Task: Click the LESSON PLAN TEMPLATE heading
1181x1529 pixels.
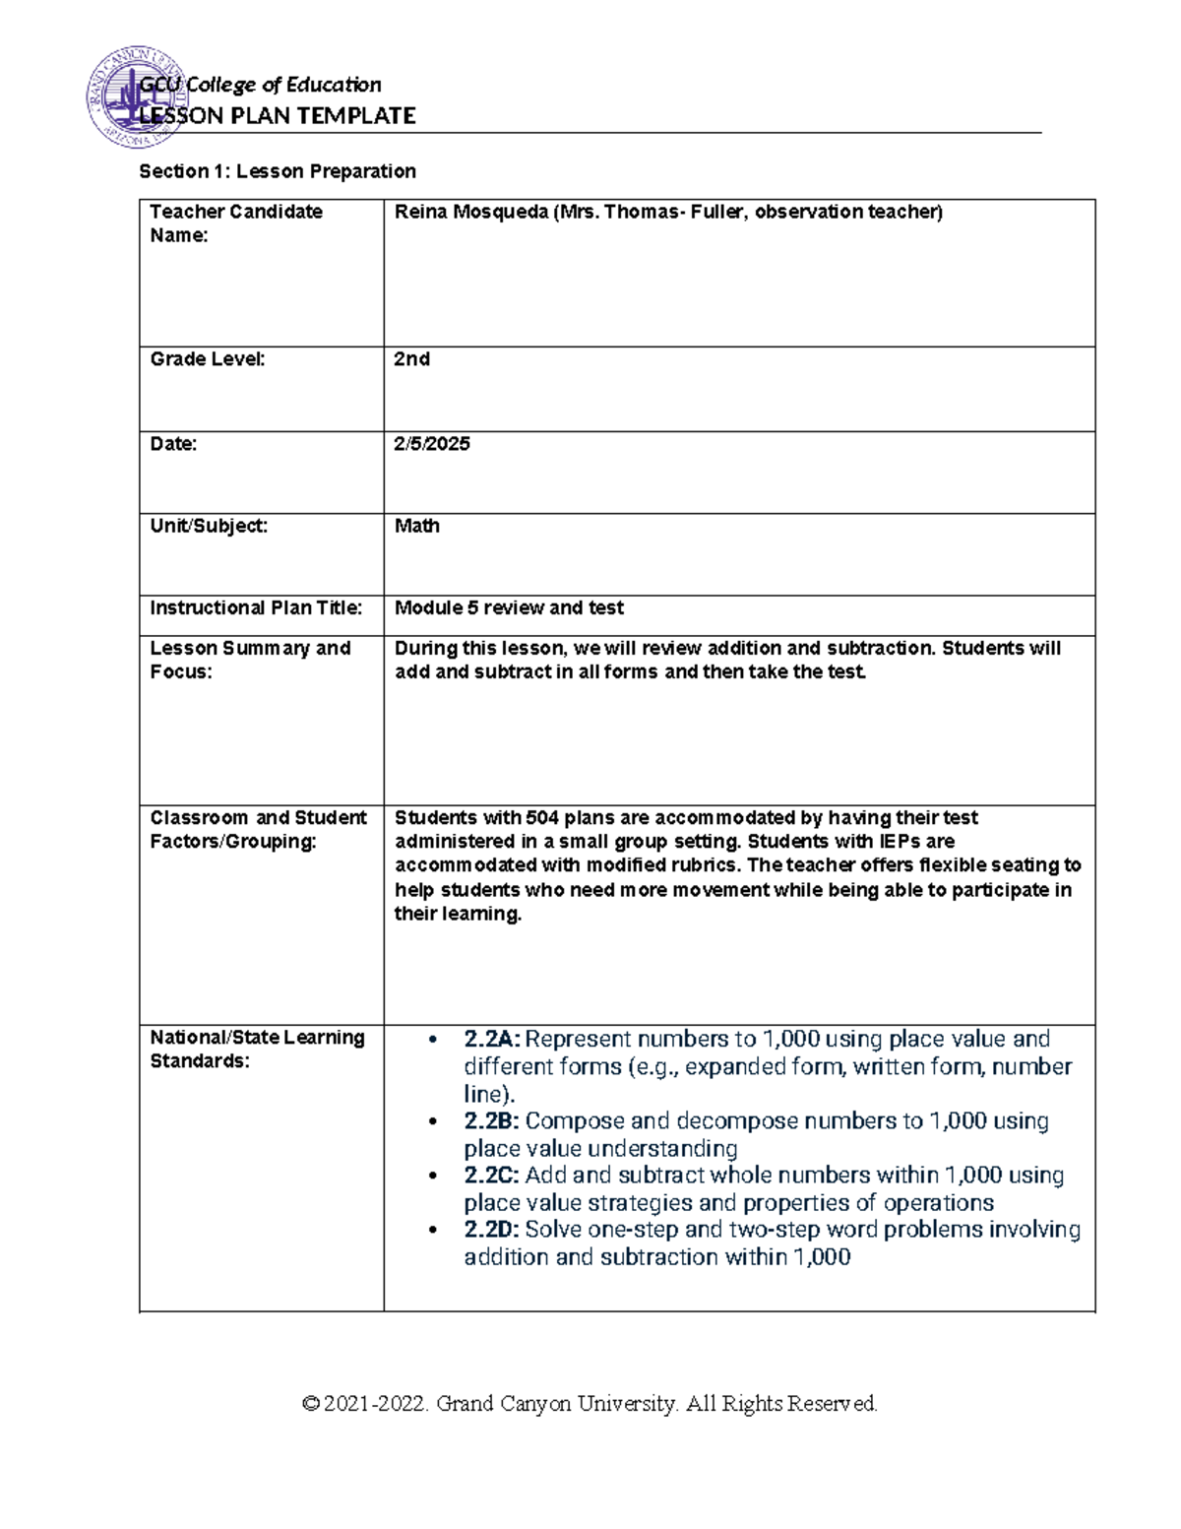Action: click(x=278, y=116)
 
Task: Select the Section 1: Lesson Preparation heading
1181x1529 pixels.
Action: click(x=278, y=171)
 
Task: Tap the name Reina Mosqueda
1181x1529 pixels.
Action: click(x=470, y=212)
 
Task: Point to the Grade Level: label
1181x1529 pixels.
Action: click(x=208, y=359)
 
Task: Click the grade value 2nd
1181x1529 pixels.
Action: click(x=411, y=359)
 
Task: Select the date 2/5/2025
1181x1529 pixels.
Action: click(x=432, y=444)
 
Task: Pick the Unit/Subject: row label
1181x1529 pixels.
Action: click(x=209, y=526)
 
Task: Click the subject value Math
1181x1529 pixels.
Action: click(x=417, y=526)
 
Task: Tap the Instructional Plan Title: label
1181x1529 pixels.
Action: click(x=256, y=608)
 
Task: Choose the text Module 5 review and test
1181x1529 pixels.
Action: click(x=509, y=608)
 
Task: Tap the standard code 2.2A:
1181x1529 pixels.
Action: click(x=492, y=1040)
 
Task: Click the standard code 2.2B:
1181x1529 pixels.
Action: click(x=491, y=1121)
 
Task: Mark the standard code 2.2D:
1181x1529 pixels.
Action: click(x=491, y=1230)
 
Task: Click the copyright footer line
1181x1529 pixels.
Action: click(x=590, y=1404)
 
